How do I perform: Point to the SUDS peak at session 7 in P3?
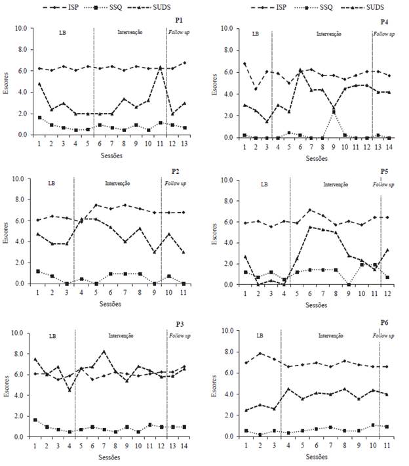(104, 351)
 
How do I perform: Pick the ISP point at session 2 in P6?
(260, 353)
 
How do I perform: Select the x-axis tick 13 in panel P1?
(184, 143)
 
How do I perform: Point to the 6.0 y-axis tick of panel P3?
(20, 374)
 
